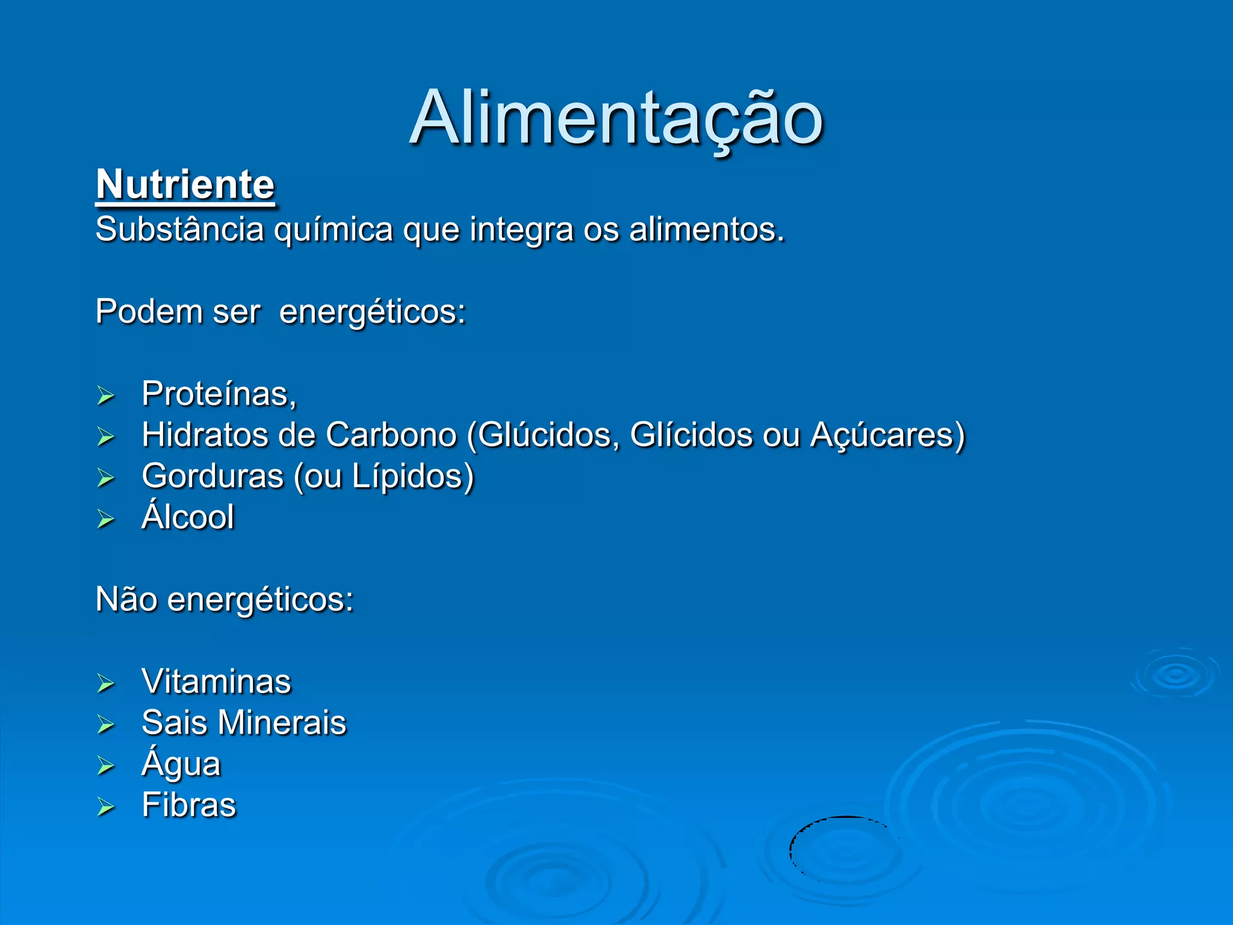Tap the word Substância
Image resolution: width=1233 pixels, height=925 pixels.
179,229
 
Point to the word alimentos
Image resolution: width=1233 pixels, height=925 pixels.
706,229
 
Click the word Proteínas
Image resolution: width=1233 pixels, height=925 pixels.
219,394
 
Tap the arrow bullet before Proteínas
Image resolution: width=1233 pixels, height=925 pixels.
106,396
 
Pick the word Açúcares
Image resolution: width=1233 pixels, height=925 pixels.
886,435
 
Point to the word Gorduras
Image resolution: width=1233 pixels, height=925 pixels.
213,476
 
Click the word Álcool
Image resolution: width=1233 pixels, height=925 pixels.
188,516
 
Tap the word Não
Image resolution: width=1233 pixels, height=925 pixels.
126,599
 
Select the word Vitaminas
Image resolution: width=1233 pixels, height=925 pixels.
216,681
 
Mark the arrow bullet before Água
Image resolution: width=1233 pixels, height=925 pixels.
106,765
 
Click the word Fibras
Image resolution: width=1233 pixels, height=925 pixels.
189,805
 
